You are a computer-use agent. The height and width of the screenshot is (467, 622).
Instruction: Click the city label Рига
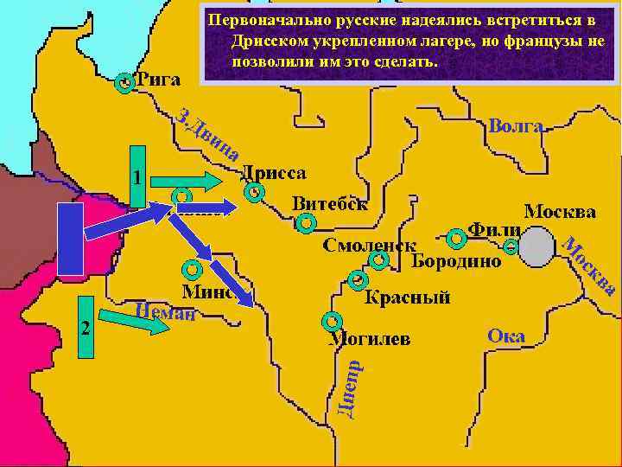(x=159, y=80)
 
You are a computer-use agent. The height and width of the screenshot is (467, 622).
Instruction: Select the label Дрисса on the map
(x=272, y=172)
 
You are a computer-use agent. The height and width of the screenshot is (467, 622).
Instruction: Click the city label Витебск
(x=330, y=203)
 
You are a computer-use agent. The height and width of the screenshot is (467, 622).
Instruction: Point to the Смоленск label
(x=370, y=246)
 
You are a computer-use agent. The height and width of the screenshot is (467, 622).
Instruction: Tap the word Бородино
(x=455, y=261)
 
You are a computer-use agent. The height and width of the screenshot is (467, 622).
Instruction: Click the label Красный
(x=408, y=298)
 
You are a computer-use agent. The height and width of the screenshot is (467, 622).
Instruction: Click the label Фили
(x=494, y=231)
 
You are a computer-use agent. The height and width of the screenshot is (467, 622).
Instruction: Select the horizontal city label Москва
(x=561, y=211)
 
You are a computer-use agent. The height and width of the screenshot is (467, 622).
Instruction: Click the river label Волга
(x=516, y=126)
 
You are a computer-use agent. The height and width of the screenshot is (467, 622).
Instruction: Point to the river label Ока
(x=506, y=336)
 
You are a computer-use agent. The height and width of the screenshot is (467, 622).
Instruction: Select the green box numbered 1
(x=137, y=177)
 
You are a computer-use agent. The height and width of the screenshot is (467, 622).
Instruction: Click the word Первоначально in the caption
(x=269, y=19)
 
